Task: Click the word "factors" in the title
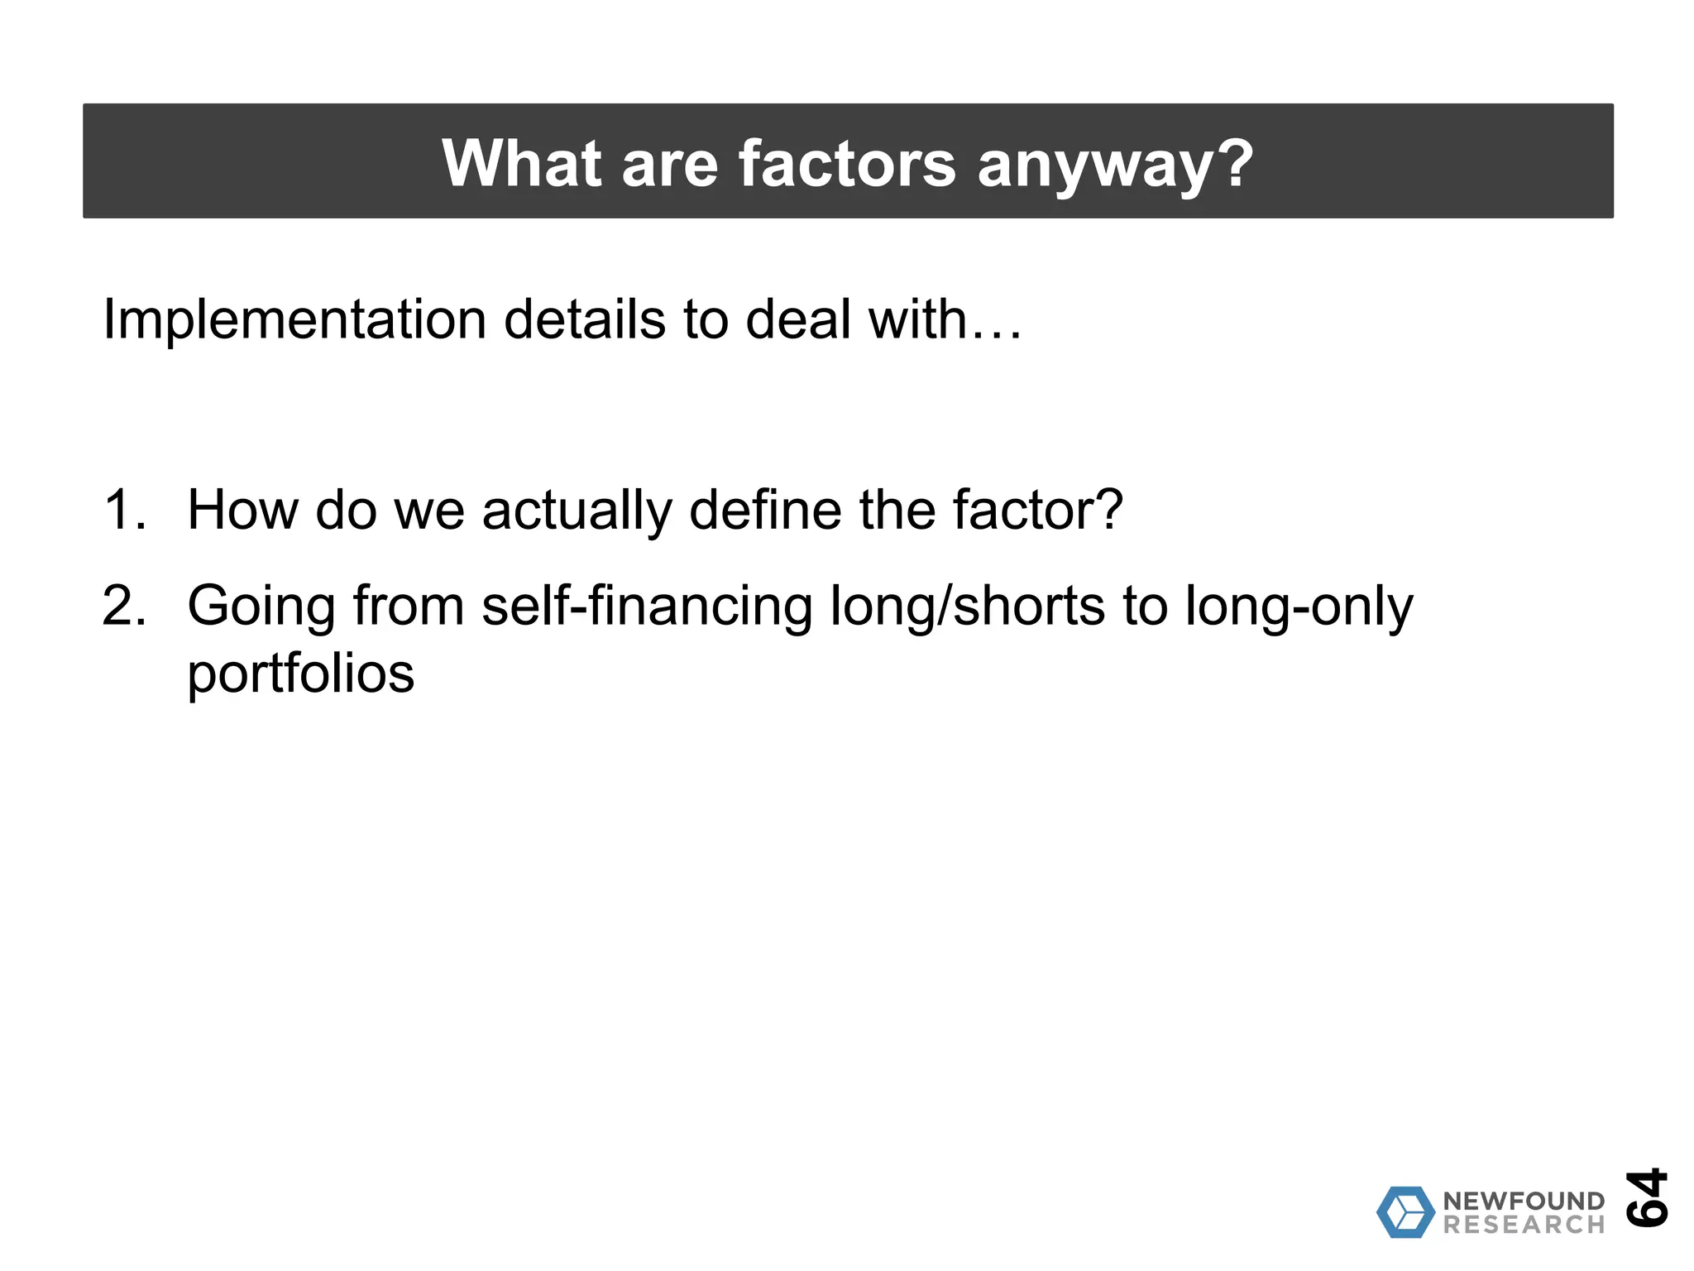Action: [846, 163]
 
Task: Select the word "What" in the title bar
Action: [522, 163]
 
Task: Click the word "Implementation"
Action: [294, 319]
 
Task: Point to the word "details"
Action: [584, 319]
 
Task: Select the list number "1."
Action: [125, 510]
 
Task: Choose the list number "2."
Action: [125, 606]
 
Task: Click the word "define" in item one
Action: [765, 510]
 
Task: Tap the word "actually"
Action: [576, 511]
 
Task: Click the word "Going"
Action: [261, 607]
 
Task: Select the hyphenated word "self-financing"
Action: [646, 607]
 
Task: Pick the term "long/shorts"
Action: [967, 607]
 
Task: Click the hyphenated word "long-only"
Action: [1299, 607]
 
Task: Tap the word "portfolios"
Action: [300, 675]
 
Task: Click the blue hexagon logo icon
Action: [1405, 1212]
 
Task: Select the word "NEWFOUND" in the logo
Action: [1524, 1201]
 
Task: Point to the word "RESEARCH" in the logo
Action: [1524, 1225]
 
